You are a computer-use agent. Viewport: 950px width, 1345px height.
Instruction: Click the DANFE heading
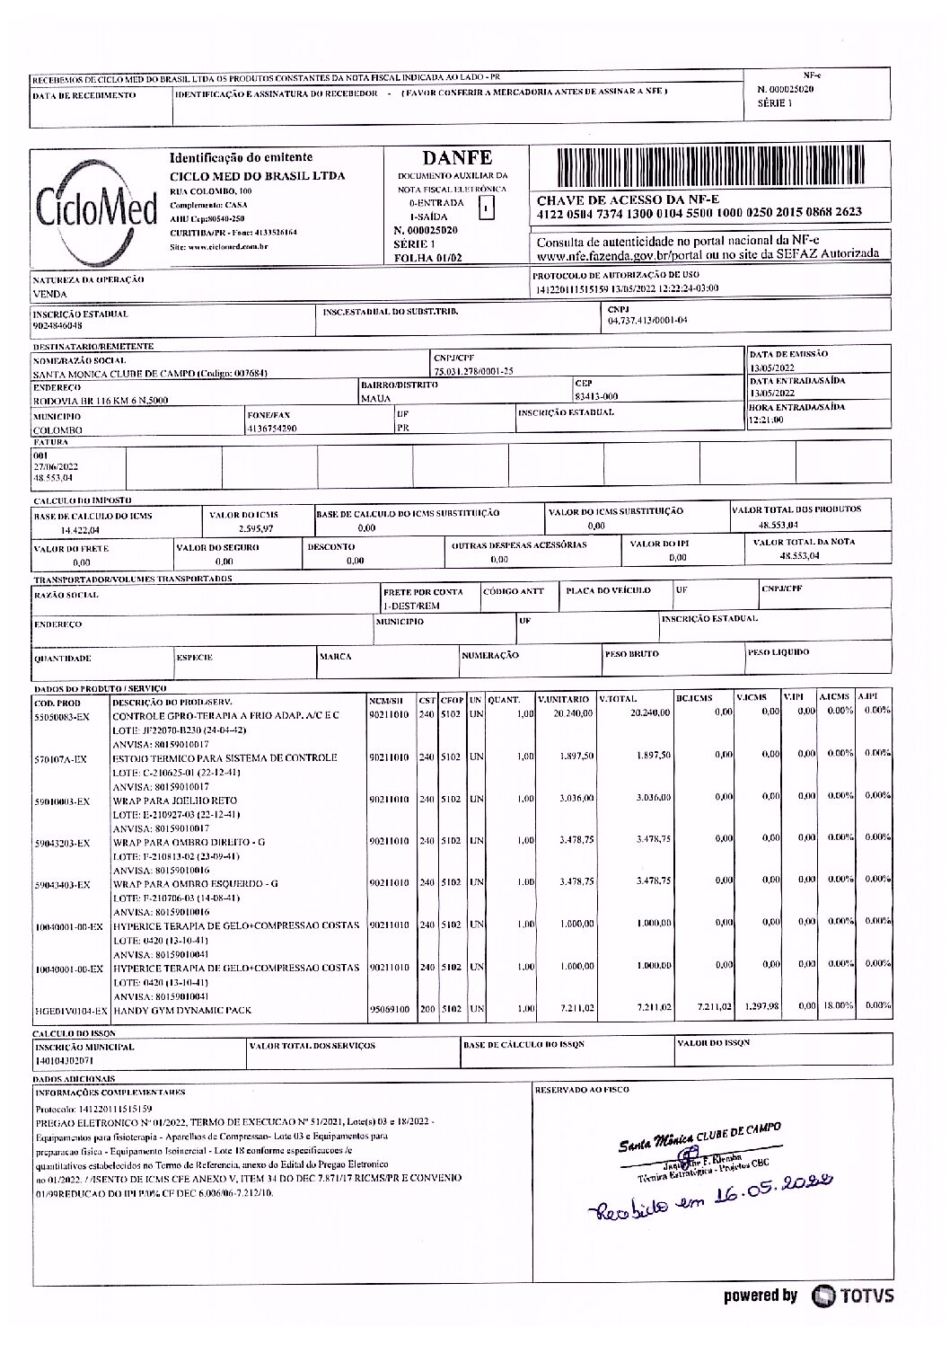(456, 158)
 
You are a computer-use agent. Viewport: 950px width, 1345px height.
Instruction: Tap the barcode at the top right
(710, 168)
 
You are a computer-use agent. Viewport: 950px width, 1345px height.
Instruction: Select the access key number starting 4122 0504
(699, 213)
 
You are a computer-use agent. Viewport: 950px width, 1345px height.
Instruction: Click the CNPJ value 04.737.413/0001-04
(647, 320)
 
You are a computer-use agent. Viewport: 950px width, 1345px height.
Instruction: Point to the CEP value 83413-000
(596, 395)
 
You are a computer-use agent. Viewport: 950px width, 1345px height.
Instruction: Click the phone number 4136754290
(272, 429)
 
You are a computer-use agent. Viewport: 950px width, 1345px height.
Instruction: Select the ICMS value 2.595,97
(254, 529)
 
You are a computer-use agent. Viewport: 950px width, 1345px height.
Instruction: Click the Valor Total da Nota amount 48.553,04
(801, 556)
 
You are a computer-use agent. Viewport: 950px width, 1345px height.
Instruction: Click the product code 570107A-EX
(61, 759)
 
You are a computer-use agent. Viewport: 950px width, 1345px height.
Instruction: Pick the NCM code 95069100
(390, 1010)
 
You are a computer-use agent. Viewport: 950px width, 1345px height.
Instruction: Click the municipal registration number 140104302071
(62, 1060)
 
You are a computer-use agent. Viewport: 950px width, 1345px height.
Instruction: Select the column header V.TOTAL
(619, 698)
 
